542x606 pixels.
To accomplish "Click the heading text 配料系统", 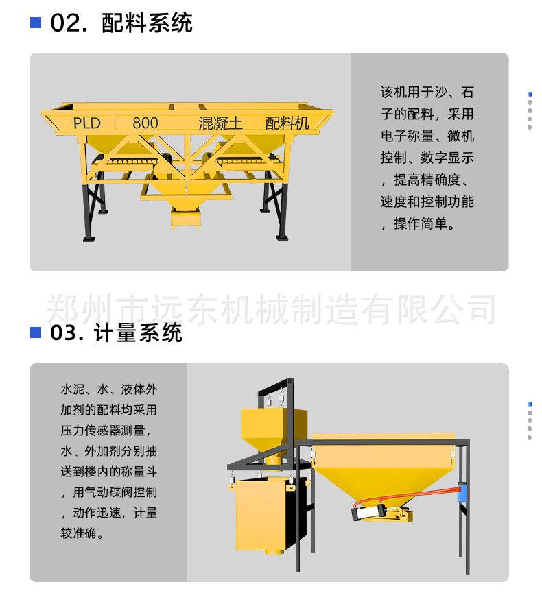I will (x=147, y=23).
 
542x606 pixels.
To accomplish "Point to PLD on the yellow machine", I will (x=86, y=123).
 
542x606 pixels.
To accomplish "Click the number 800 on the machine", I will (x=145, y=123).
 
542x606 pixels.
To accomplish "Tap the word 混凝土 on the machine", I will (x=220, y=123).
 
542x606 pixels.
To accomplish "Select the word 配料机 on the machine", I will (x=287, y=123).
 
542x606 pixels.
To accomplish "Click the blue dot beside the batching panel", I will (x=530, y=94).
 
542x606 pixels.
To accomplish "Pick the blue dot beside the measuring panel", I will (x=530, y=404).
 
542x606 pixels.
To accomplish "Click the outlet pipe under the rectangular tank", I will (x=272, y=550).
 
